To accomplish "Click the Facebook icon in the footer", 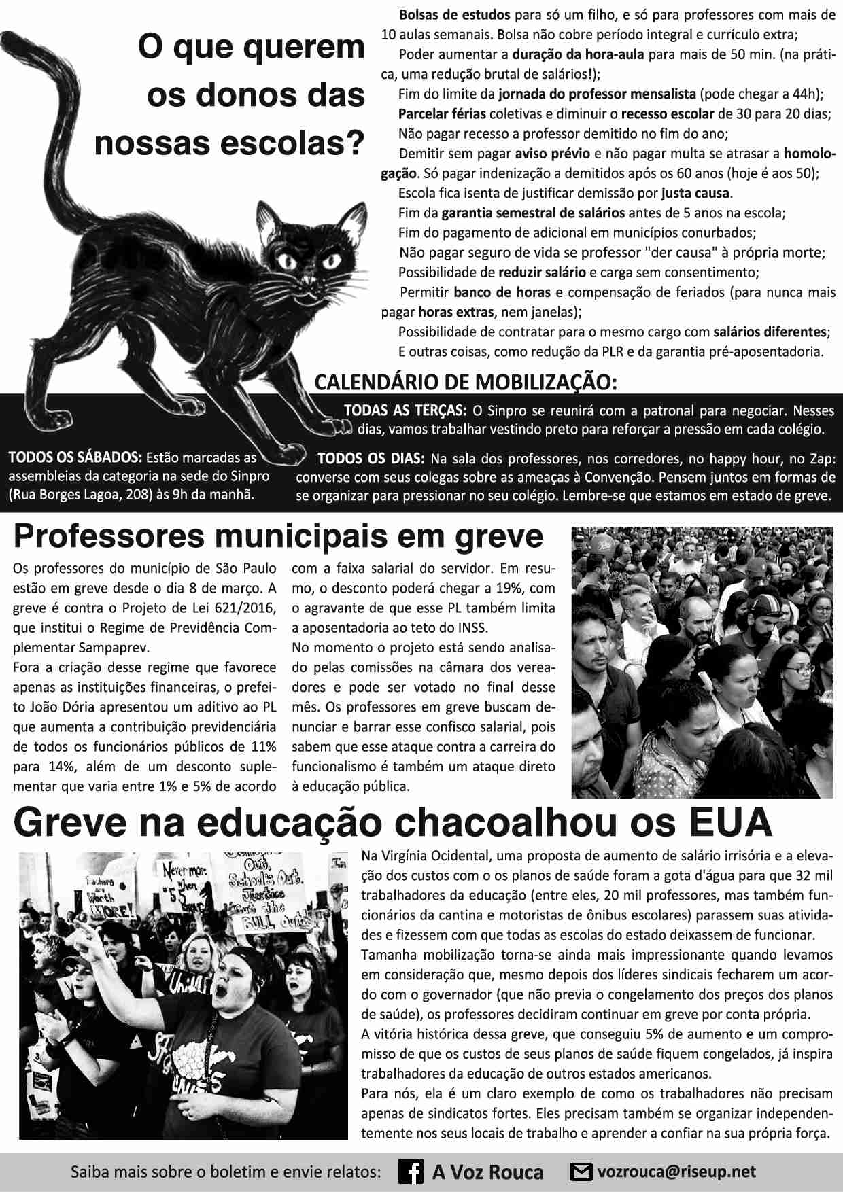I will coord(411,1172).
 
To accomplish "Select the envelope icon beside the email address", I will coord(581,1172).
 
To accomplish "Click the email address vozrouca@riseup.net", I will coord(676,1172).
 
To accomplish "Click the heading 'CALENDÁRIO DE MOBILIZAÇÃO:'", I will coord(466,382).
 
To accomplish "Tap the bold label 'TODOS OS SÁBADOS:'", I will coord(75,457).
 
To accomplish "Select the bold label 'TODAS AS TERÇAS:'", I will coord(405,410).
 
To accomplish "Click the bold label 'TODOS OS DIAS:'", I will coord(371,458).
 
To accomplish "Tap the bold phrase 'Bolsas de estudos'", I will coord(454,14).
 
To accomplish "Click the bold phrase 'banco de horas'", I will coord(502,292).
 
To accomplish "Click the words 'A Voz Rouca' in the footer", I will coord(487,1172).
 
